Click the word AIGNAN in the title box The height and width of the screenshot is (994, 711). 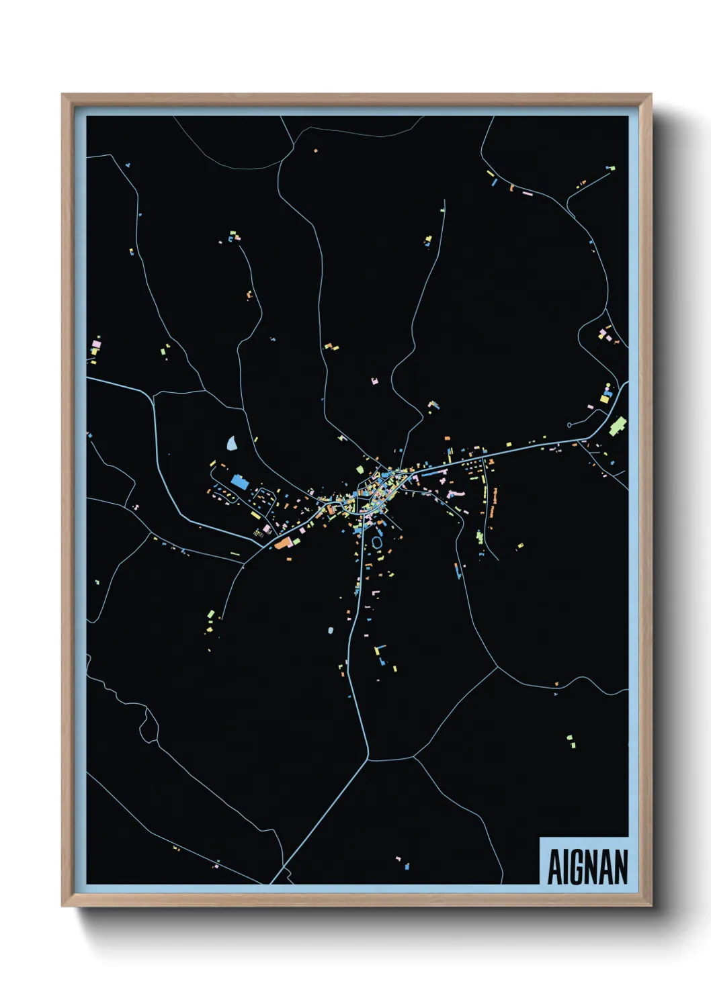(587, 867)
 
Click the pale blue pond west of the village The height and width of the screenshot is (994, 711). (232, 443)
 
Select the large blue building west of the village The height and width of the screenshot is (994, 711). (239, 482)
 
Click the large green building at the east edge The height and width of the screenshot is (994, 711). (618, 425)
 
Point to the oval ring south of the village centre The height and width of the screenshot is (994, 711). (377, 541)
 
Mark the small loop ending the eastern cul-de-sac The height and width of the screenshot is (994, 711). (570, 424)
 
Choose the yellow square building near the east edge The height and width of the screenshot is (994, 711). (604, 399)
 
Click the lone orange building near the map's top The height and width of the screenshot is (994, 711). (315, 150)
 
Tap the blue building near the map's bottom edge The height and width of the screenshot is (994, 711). (407, 867)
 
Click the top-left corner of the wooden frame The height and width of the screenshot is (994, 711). (63, 95)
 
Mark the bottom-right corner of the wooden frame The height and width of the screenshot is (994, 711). (650, 905)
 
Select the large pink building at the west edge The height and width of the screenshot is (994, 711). (97, 344)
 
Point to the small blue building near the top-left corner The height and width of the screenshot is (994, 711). (128, 165)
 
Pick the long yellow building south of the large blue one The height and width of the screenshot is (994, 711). (255, 516)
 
